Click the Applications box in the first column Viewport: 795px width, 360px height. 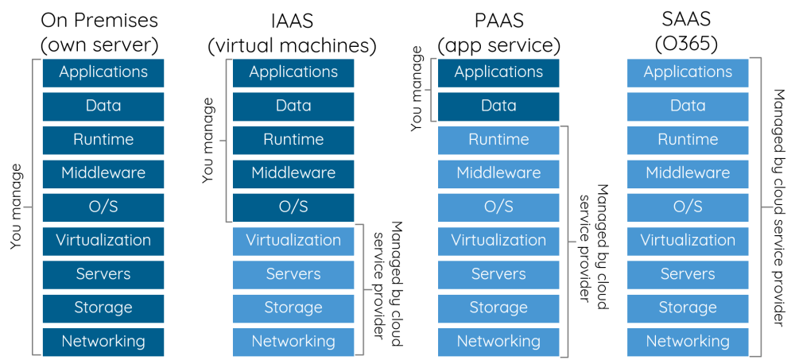point(103,72)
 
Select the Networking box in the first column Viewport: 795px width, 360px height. point(103,342)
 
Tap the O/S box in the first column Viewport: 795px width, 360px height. point(103,207)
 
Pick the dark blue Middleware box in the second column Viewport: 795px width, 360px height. point(293,173)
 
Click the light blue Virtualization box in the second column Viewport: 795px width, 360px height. point(293,241)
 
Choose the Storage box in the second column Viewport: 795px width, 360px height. point(293,308)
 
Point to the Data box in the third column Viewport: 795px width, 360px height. point(498,106)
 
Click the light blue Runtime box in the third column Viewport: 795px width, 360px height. point(498,140)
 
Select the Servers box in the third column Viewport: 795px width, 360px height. point(498,274)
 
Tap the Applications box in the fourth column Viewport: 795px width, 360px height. point(688,72)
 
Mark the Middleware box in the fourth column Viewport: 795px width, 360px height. point(688,173)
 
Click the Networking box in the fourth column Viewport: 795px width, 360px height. point(688,342)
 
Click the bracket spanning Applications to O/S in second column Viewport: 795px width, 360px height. point(227,140)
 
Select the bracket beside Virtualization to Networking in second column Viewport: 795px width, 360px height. point(363,290)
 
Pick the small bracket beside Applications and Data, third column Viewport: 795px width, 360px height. point(432,90)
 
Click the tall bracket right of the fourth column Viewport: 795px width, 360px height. point(761,207)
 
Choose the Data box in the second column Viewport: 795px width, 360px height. point(293,106)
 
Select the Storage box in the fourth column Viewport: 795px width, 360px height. point(688,308)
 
